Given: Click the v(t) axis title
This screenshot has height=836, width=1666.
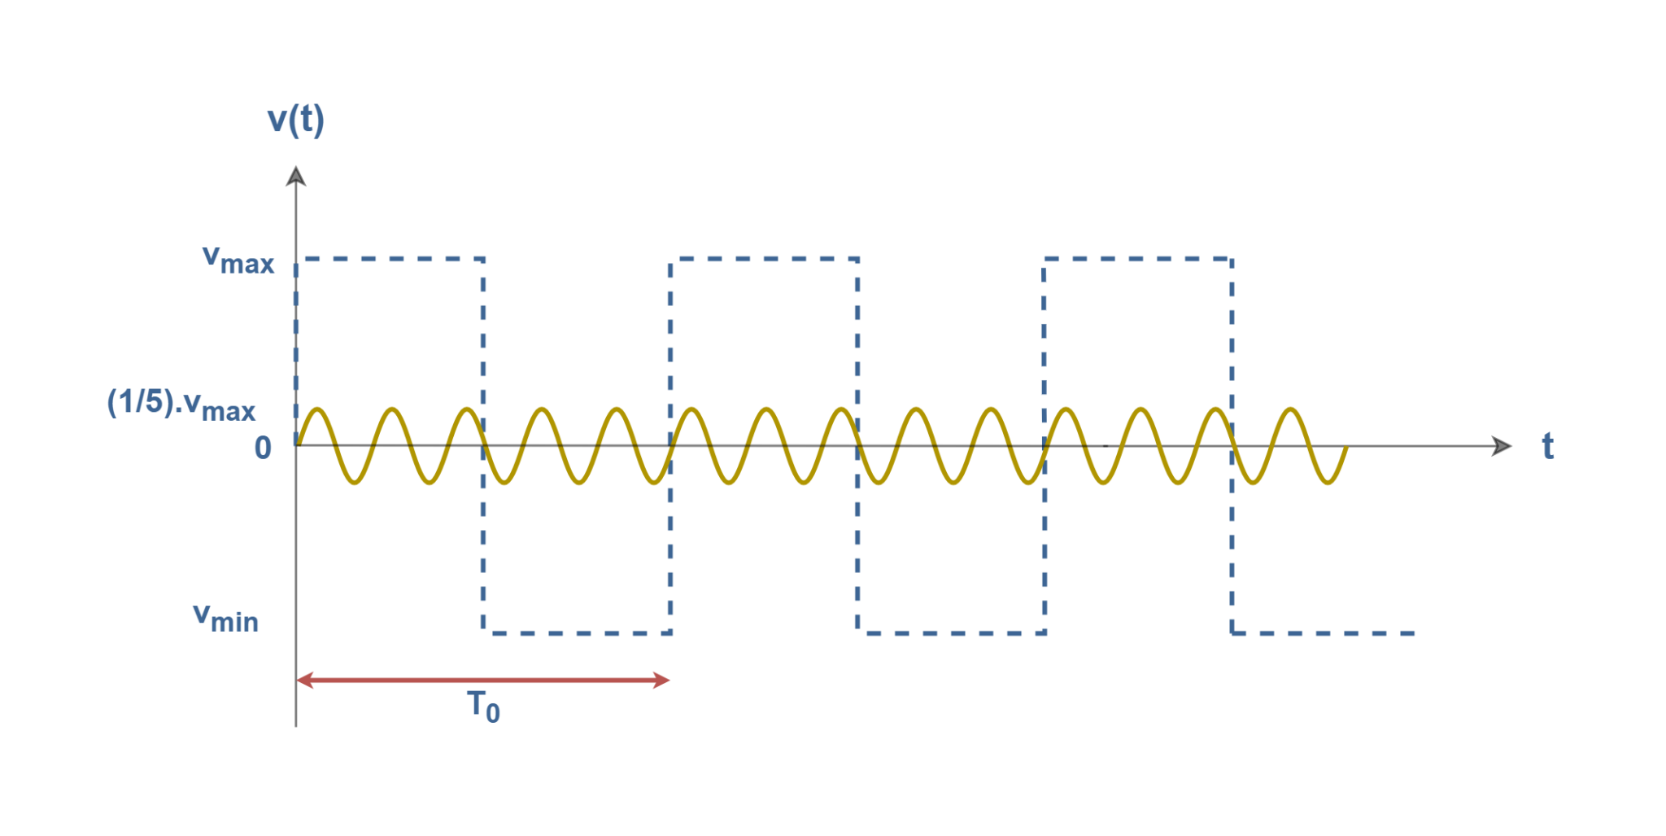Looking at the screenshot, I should coord(296,120).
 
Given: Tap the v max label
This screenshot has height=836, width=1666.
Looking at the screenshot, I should coord(238,260).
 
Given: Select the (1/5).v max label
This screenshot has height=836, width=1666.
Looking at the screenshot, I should coord(181,405).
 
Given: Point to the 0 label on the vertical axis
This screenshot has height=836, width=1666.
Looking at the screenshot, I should coord(263,448).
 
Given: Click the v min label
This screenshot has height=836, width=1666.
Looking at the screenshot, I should coord(225,618).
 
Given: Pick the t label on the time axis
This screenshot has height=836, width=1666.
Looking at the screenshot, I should coord(1548,446).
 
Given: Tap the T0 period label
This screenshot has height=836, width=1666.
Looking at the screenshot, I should coord(483,706).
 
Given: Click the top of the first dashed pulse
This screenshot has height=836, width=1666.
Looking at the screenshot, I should coord(390,260).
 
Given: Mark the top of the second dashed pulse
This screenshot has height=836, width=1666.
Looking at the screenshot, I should coord(765,260).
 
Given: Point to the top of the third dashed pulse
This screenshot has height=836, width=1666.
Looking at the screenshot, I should coord(1138,260).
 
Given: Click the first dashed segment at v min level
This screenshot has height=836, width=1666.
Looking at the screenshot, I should coord(578,632).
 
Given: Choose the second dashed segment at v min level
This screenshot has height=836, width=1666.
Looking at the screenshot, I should coord(952,632).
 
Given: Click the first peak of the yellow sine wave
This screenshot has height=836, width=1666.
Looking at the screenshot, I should coord(316,409).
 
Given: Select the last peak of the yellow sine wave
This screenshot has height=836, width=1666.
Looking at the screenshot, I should coord(1290,409).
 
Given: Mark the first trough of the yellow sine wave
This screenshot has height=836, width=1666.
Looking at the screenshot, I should coord(354,483).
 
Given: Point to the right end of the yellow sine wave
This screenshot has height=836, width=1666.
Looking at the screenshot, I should coord(1347,448).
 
